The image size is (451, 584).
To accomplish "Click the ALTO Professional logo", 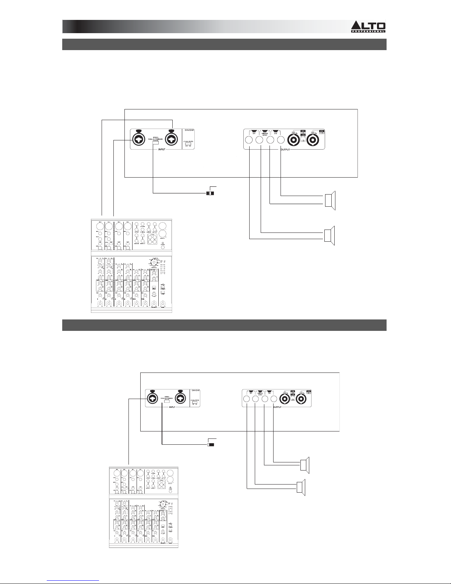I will tap(368, 27).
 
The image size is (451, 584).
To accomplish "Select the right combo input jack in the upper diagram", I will tap(172, 140).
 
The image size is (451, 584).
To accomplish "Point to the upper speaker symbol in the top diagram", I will tap(330, 200).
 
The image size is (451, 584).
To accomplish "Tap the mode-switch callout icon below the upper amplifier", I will tap(211, 193).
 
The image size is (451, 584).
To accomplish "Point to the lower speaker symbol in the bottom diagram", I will tap(300, 486).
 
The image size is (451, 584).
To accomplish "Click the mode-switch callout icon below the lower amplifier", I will tap(211, 445).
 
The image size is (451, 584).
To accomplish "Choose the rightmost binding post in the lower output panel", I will tap(273, 399).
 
